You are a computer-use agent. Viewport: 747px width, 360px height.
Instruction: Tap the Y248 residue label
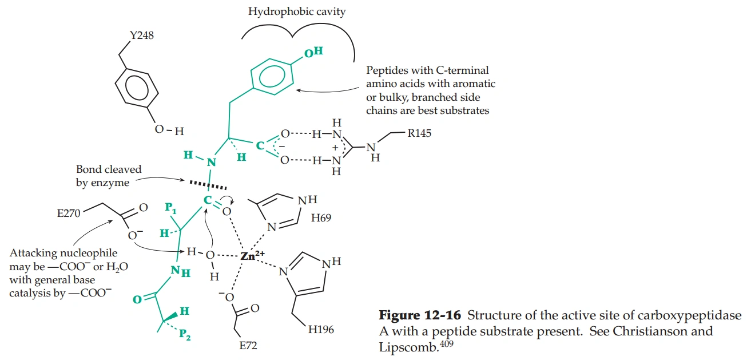pos(142,37)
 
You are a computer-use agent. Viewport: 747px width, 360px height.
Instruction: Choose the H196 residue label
pos(321,329)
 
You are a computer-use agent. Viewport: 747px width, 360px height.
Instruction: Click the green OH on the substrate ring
pos(313,53)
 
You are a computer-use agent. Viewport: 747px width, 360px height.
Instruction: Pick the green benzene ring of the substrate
pos(271,77)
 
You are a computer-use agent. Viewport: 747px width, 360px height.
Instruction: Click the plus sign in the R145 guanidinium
pos(335,147)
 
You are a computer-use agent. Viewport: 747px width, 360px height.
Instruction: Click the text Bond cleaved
pos(109,170)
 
